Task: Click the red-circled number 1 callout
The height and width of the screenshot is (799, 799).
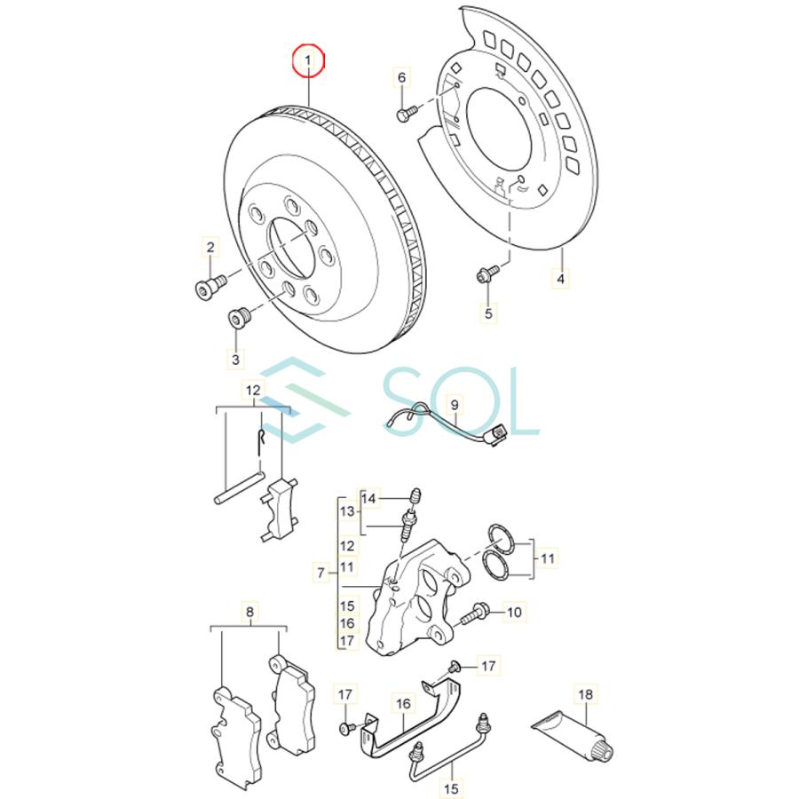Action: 310,60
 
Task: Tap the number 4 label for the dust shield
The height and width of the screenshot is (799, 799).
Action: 560,279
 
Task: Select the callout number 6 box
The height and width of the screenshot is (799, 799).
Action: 401,78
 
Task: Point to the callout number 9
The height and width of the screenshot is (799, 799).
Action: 454,406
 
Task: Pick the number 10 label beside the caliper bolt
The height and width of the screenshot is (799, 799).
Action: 515,611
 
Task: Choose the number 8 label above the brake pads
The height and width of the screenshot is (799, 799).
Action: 249,612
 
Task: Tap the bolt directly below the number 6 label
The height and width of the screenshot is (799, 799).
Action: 406,114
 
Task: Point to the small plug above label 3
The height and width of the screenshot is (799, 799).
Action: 238,317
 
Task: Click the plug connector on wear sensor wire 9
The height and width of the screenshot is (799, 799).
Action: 498,434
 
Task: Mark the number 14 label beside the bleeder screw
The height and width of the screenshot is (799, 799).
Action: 370,499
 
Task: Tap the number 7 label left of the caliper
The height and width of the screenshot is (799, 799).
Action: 320,574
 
